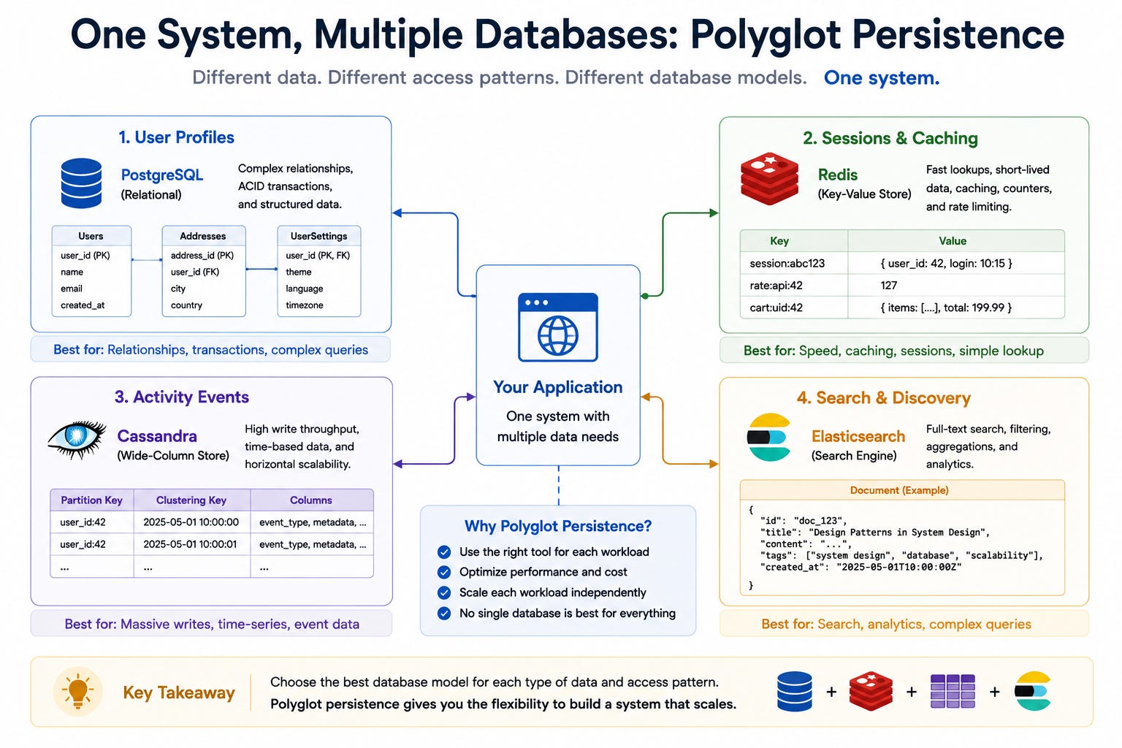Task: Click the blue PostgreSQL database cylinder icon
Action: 81,183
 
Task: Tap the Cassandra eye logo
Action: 77,439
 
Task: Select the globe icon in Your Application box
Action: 557,335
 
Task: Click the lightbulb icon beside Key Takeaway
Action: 77,691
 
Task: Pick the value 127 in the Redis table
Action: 888,285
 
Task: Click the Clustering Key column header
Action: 191,500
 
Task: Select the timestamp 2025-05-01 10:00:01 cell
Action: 191,544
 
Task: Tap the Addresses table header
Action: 203,236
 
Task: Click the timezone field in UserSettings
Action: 305,305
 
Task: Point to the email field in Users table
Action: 72,289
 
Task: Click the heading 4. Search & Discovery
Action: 884,398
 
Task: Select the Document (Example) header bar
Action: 902,490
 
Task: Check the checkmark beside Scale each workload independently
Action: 444,592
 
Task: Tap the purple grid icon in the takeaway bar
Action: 953,691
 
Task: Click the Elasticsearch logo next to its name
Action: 769,437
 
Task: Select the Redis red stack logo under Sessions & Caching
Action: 769,179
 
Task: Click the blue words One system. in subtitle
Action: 882,77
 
